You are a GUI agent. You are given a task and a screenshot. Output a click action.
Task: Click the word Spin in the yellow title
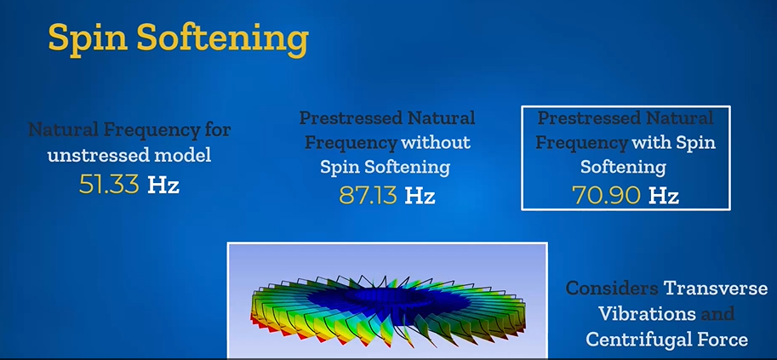87,38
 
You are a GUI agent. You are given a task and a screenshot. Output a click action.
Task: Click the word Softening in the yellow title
222,38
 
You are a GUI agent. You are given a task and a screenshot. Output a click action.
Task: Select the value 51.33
109,185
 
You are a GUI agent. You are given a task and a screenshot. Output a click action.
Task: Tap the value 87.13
369,196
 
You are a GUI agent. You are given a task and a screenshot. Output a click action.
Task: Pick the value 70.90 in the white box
607,196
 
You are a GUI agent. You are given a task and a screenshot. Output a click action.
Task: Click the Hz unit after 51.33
163,185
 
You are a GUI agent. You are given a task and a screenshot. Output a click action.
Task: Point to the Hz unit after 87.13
420,196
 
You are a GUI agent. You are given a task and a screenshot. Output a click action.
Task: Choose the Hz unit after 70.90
664,196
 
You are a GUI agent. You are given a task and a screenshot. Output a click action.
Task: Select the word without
436,143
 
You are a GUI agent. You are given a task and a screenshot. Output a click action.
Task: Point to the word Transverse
716,289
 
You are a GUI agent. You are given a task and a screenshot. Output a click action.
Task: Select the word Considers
612,289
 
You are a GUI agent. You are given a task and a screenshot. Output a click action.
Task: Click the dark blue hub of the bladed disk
391,298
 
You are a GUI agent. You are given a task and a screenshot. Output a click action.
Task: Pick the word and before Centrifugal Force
717,314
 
